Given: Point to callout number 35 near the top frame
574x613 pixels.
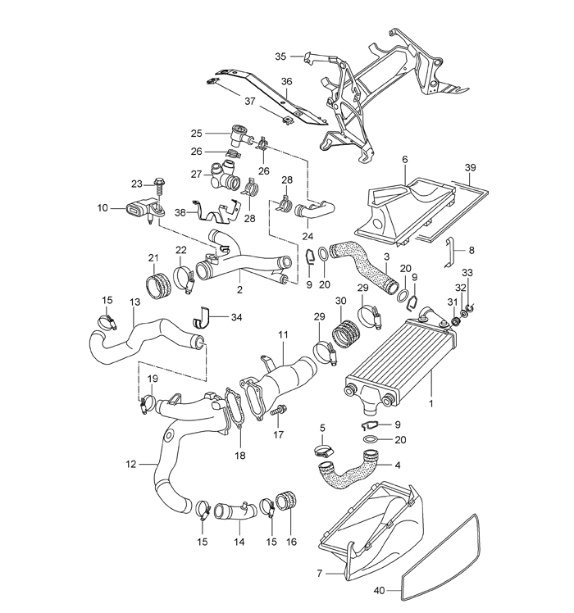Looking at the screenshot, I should pyautogui.click(x=280, y=57).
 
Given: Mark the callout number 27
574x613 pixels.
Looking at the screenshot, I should pyautogui.click(x=196, y=174).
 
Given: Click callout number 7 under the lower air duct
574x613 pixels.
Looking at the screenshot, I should pyautogui.click(x=319, y=574).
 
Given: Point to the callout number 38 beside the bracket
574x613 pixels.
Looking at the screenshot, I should pyautogui.click(x=180, y=213).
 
